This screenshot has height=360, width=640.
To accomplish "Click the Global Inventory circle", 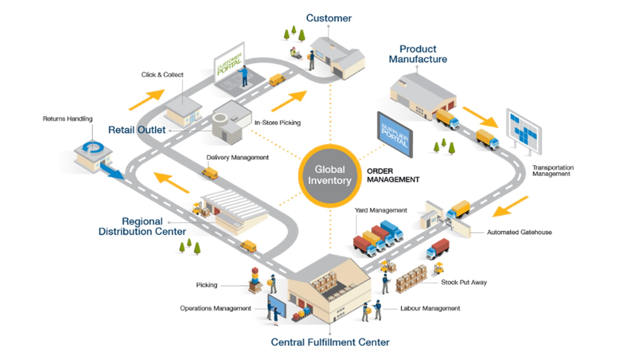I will (x=330, y=175).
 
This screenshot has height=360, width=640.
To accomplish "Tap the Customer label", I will (x=329, y=18).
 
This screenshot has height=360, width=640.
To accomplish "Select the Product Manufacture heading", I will (x=418, y=54).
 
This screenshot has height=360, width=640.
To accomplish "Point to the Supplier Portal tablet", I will (x=395, y=134).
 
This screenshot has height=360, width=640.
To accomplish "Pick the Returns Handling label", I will (x=68, y=119).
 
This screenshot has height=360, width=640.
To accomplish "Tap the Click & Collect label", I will (x=162, y=75).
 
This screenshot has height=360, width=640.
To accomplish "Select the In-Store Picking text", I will (x=277, y=123).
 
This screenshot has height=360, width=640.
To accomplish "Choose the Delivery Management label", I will (x=237, y=158).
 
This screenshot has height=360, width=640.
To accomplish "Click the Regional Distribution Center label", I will (x=142, y=226).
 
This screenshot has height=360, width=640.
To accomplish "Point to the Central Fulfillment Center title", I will (x=330, y=342).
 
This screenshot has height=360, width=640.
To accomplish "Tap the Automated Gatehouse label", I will (x=519, y=232).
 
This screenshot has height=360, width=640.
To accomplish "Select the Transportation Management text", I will (x=552, y=170).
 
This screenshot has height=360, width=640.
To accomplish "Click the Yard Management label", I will (x=381, y=210).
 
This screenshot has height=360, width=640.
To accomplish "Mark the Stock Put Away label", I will (x=464, y=282).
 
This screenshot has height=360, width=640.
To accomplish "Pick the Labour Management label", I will (x=430, y=308).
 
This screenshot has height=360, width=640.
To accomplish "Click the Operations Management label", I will (x=215, y=308).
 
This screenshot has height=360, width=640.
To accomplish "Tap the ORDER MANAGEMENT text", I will (x=393, y=175).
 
